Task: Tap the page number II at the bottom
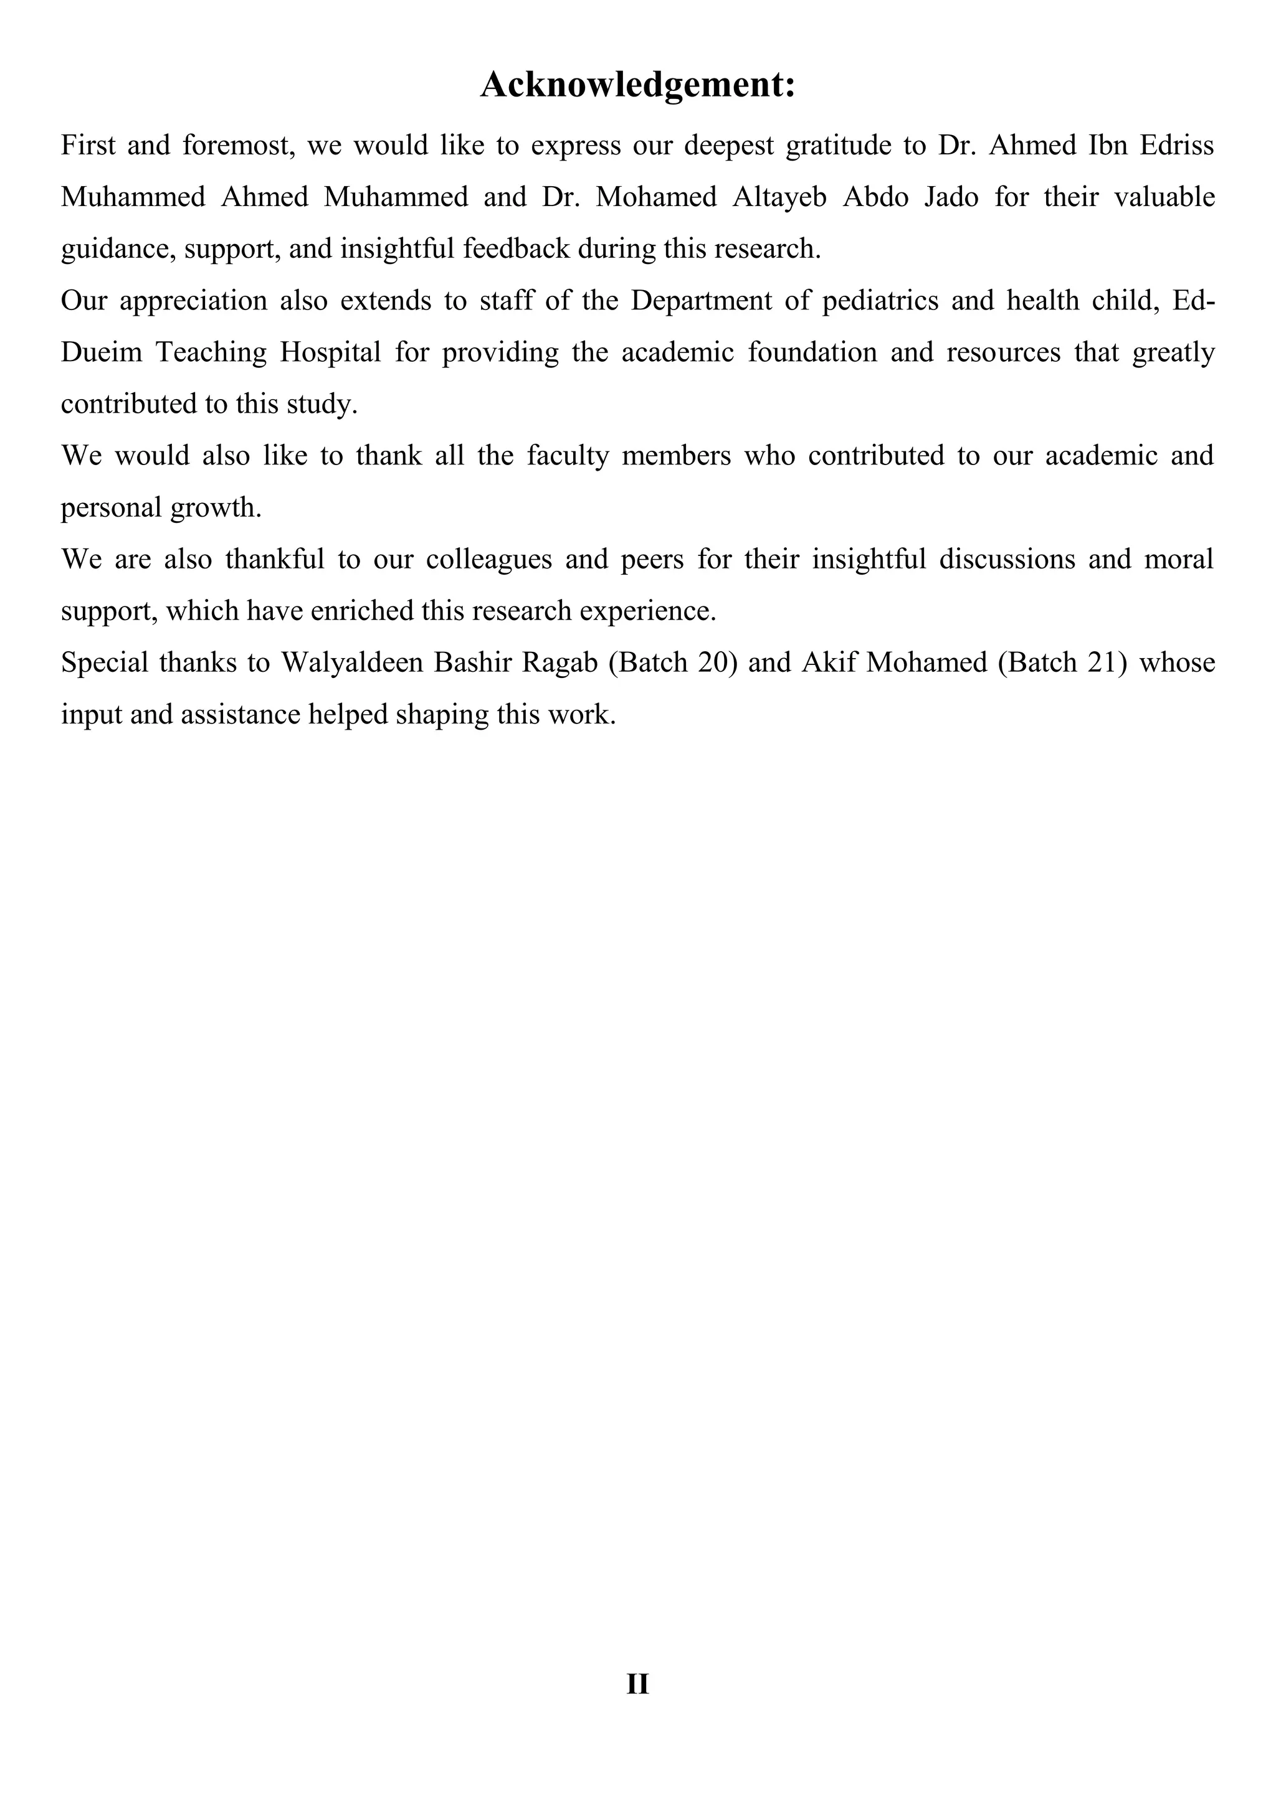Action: [x=637, y=1683]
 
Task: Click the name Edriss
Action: [x=1176, y=146]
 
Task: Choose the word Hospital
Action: [x=331, y=352]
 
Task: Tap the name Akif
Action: [x=828, y=663]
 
